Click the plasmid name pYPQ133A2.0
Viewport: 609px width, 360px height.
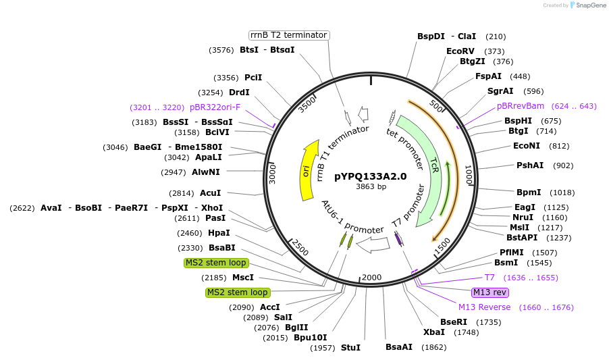click(371, 176)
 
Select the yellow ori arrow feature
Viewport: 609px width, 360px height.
click(309, 170)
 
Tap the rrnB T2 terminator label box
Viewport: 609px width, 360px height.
click(288, 35)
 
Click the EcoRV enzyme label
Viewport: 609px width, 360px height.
click(460, 51)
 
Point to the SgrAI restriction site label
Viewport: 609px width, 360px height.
click(500, 91)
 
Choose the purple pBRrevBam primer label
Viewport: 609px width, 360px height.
click(521, 106)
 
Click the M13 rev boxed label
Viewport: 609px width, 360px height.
click(490, 292)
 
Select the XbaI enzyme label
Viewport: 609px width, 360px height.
click(433, 332)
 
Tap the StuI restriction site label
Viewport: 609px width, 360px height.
click(350, 348)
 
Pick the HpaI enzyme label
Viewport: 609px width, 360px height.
click(219, 233)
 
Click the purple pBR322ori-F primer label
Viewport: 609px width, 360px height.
click(215, 107)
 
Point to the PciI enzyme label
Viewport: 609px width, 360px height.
click(253, 78)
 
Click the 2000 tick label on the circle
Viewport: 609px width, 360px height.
click(372, 277)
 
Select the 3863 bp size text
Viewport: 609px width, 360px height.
click(371, 187)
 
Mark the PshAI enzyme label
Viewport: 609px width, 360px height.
click(530, 165)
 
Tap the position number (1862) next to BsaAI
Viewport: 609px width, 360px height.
click(434, 348)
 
